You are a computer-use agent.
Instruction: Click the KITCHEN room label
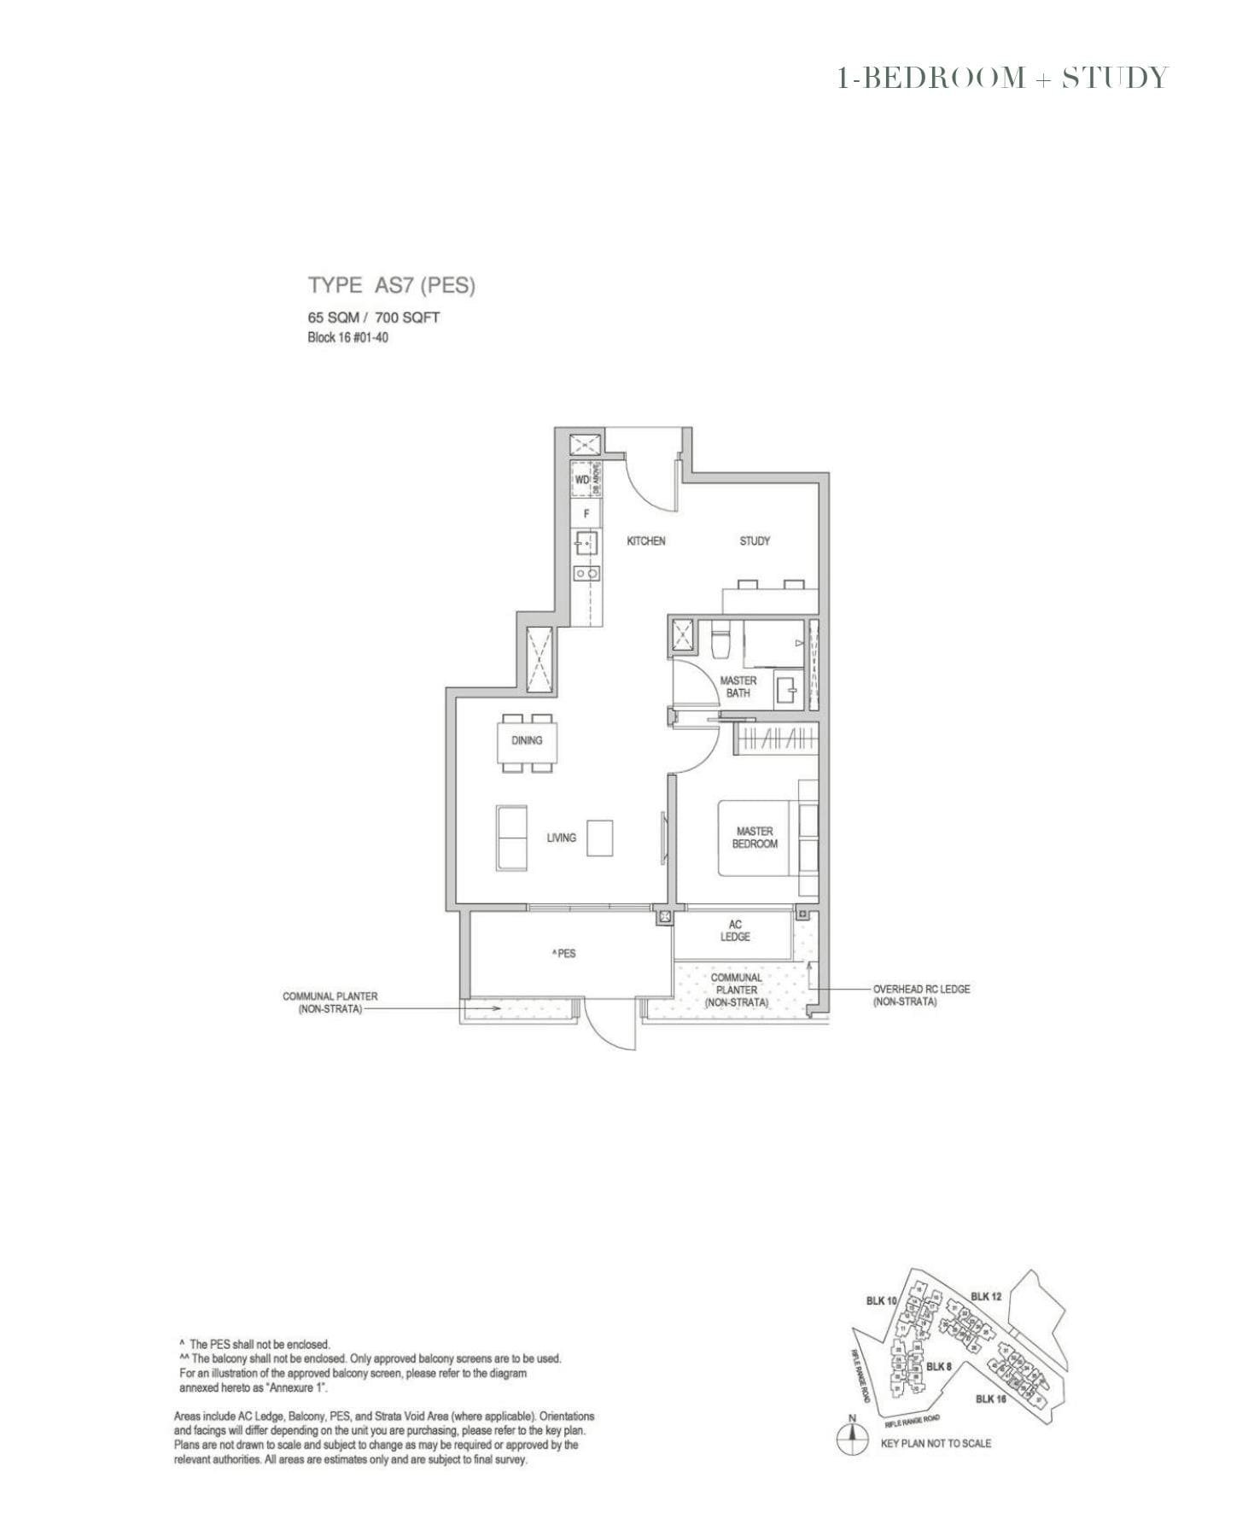pos(645,540)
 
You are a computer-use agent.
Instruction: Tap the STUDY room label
pos(755,540)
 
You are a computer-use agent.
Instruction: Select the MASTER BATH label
pos(738,686)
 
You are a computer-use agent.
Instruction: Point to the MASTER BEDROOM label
pos(755,837)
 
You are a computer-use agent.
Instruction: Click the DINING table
pos(527,741)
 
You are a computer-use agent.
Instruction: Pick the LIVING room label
pos(561,838)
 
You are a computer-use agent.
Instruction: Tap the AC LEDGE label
pos(735,931)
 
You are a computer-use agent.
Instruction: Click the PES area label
pos(564,953)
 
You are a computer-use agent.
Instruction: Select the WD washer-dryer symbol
pos(582,480)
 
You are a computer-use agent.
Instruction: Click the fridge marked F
pos(586,514)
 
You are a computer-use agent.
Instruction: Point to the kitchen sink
pos(586,543)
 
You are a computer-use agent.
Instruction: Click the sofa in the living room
pos(512,838)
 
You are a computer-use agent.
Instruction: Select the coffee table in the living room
pos(600,838)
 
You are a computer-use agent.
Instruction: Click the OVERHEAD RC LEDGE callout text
pos(920,995)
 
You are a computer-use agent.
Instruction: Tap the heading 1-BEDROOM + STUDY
pos(1001,78)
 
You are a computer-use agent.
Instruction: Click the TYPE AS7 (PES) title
pos(391,285)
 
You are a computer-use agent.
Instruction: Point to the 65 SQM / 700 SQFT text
pos(374,318)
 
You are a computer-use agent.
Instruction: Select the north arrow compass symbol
pos(850,1440)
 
